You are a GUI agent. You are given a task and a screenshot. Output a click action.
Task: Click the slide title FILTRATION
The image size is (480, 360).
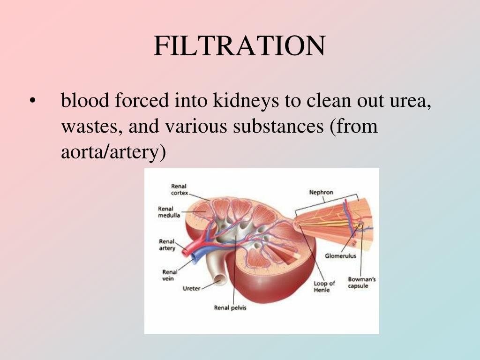[239, 46]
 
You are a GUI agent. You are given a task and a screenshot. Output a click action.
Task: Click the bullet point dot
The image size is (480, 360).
[32, 101]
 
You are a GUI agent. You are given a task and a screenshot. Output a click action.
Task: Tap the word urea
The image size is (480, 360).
[409, 101]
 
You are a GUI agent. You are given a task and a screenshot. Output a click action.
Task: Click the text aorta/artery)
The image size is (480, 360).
[113, 153]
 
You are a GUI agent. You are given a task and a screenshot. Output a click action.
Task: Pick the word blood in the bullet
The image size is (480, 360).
[85, 100]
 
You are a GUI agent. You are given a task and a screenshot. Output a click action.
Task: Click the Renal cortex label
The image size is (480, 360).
[179, 189]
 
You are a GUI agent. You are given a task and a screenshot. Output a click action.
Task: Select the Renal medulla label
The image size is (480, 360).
[166, 212]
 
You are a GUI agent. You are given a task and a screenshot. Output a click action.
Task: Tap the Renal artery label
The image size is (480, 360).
[167, 245]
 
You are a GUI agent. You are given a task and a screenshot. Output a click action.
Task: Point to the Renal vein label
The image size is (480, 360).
[169, 275]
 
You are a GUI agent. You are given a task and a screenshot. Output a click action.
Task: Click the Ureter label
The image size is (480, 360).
[191, 288]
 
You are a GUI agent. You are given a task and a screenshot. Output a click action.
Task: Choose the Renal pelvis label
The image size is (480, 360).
[230, 308]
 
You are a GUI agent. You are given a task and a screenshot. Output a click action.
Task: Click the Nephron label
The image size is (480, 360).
[321, 193]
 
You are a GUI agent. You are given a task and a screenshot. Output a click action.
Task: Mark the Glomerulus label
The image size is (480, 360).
[341, 256]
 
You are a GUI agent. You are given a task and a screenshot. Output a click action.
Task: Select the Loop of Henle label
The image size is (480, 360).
[324, 286]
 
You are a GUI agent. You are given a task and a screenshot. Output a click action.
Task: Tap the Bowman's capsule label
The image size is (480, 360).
[361, 283]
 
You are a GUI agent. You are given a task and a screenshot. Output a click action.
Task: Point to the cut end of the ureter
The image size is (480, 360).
[216, 283]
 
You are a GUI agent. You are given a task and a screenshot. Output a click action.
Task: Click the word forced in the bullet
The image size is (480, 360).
[141, 100]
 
